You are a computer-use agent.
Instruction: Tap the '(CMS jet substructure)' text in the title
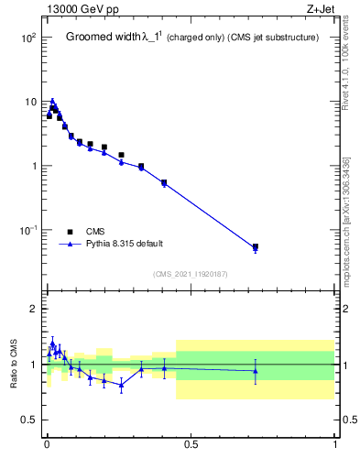[273, 38]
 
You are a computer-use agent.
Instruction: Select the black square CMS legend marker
[70, 231]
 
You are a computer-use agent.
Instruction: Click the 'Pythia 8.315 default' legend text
[125, 244]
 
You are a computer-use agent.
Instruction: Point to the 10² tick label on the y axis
[29, 38]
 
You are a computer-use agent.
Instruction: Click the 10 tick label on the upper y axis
[31, 102]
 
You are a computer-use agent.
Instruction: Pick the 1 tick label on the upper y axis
[34, 166]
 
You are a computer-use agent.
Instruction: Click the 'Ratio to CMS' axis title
[15, 364]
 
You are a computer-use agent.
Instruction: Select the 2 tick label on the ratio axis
[34, 309]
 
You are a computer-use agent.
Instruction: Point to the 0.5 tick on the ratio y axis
[30, 420]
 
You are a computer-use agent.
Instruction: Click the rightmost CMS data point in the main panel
[255, 246]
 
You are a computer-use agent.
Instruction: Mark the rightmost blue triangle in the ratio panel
[255, 371]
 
